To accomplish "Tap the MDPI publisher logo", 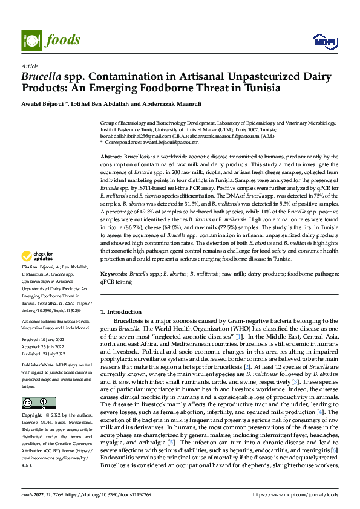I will pos(324,41).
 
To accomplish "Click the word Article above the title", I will pos(30,65).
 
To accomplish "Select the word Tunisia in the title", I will pos(262,88).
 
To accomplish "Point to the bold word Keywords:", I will pos(114,274).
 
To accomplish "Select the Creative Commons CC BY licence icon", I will pos(38,403).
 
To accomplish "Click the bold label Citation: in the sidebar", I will pos(30,284).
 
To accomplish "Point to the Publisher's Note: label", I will pos(38,366).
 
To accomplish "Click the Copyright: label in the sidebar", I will pos(32,416).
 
